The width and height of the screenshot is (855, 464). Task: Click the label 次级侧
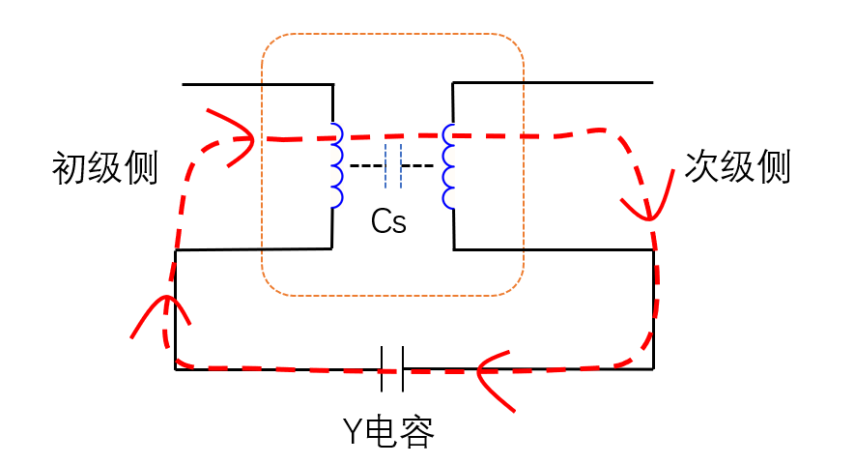pyautogui.click(x=737, y=167)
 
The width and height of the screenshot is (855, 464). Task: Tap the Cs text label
pyautogui.click(x=388, y=222)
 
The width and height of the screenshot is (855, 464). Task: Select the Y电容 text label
pyautogui.click(x=388, y=429)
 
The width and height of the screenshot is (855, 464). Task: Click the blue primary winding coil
pyautogui.click(x=336, y=165)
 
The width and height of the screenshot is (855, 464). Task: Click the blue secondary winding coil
pyautogui.click(x=448, y=165)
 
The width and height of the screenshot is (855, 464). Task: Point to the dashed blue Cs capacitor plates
pyautogui.click(x=392, y=166)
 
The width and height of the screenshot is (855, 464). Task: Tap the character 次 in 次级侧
pyautogui.click(x=701, y=167)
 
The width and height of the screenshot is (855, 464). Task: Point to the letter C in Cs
pyautogui.click(x=381, y=222)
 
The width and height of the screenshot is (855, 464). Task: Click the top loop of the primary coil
pyautogui.click(x=336, y=134)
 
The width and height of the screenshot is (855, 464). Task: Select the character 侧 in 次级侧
pyautogui.click(x=774, y=167)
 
